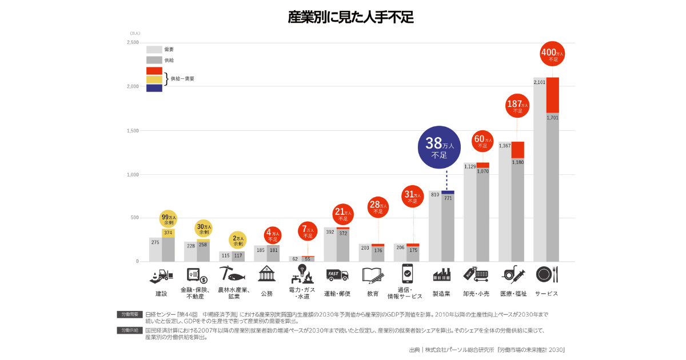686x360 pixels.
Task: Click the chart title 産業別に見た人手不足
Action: [x=350, y=17]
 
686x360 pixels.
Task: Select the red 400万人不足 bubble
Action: [x=552, y=54]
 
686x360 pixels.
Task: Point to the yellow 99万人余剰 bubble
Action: [x=168, y=219]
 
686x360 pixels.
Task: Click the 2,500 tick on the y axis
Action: [x=133, y=43]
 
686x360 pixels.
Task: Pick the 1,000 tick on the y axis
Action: [x=133, y=174]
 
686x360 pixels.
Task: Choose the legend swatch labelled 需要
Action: [x=154, y=50]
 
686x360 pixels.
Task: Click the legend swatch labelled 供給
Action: [x=154, y=60]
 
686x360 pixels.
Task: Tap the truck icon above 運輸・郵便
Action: [x=337, y=275]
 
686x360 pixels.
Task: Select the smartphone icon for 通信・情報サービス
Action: [x=408, y=274]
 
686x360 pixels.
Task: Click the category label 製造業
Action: [x=441, y=294]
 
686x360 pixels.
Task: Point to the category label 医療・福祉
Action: [x=513, y=294]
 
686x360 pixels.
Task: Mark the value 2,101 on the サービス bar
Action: [x=539, y=82]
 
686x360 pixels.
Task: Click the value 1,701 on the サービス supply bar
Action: [x=552, y=118]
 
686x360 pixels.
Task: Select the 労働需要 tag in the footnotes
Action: [x=129, y=314]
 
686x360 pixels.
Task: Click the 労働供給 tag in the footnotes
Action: [x=129, y=330]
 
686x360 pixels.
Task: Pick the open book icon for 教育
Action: [x=373, y=275]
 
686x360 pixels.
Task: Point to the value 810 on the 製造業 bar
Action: [x=435, y=195]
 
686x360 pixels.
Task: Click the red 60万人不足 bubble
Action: [x=482, y=141]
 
